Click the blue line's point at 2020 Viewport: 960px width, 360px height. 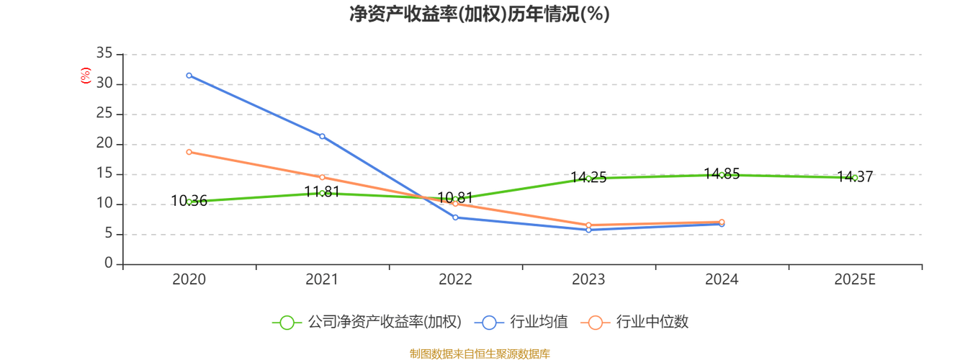point(189,76)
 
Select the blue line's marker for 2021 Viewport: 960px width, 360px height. point(322,136)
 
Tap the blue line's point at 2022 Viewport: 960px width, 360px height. point(455,217)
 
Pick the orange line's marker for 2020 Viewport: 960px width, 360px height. point(189,151)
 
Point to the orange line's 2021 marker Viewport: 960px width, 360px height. point(322,177)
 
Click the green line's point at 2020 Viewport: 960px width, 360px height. point(189,202)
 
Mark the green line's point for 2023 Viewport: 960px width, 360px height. point(588,177)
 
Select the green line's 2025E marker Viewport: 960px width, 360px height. point(855,177)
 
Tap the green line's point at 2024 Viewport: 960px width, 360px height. point(722,174)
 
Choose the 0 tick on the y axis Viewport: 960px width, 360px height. point(108,264)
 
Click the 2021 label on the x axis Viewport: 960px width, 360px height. point(322,279)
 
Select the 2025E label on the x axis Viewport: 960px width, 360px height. point(855,279)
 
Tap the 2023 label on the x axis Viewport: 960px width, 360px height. point(588,279)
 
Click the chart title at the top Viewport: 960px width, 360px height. point(479,14)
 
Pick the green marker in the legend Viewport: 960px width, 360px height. point(287,323)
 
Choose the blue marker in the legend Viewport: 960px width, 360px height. point(490,323)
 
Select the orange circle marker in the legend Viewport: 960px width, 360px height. point(595,323)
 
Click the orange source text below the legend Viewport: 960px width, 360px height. point(479,353)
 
